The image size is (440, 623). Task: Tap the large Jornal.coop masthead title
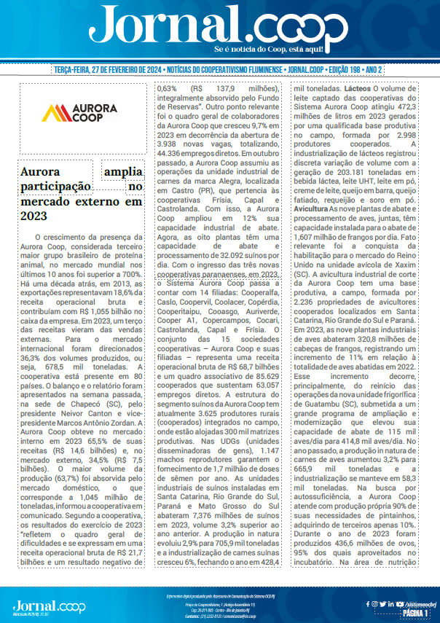coord(219,28)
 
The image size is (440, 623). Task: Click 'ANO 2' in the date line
coord(373,71)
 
